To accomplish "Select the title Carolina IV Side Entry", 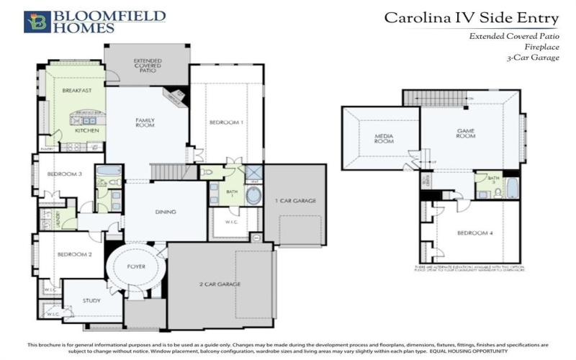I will tap(471, 17).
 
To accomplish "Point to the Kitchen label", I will tap(88, 131).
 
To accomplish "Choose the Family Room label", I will tap(146, 122).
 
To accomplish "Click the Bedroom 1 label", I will tap(226, 122).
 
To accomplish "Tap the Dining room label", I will tap(166, 212).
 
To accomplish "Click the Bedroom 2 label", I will tap(74, 254).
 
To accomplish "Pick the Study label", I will tap(91, 301).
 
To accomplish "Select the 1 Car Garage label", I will tap(295, 201).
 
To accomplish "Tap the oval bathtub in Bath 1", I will tap(254, 197).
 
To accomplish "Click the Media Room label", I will tap(383, 138).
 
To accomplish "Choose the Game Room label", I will tap(466, 132).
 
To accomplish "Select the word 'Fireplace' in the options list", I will tap(541, 46).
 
